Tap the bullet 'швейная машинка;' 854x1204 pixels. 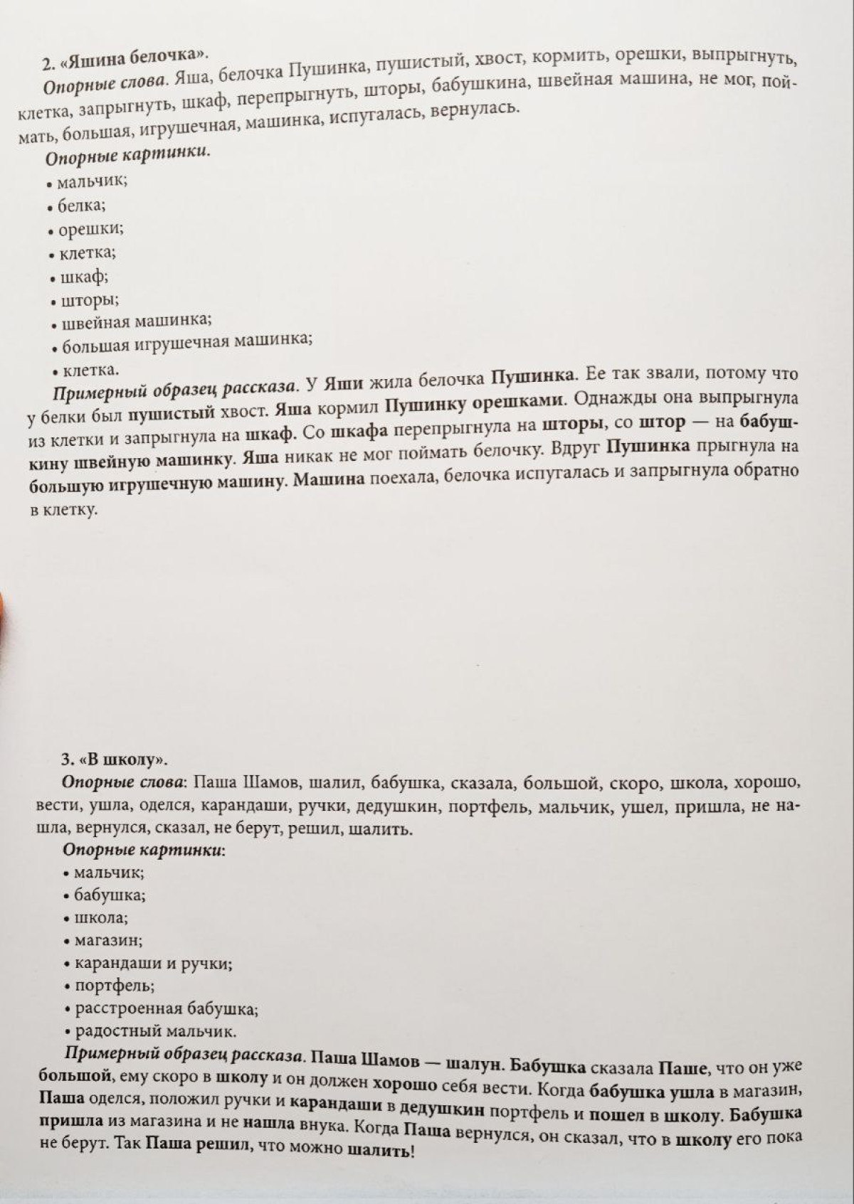pyautogui.click(x=136, y=323)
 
